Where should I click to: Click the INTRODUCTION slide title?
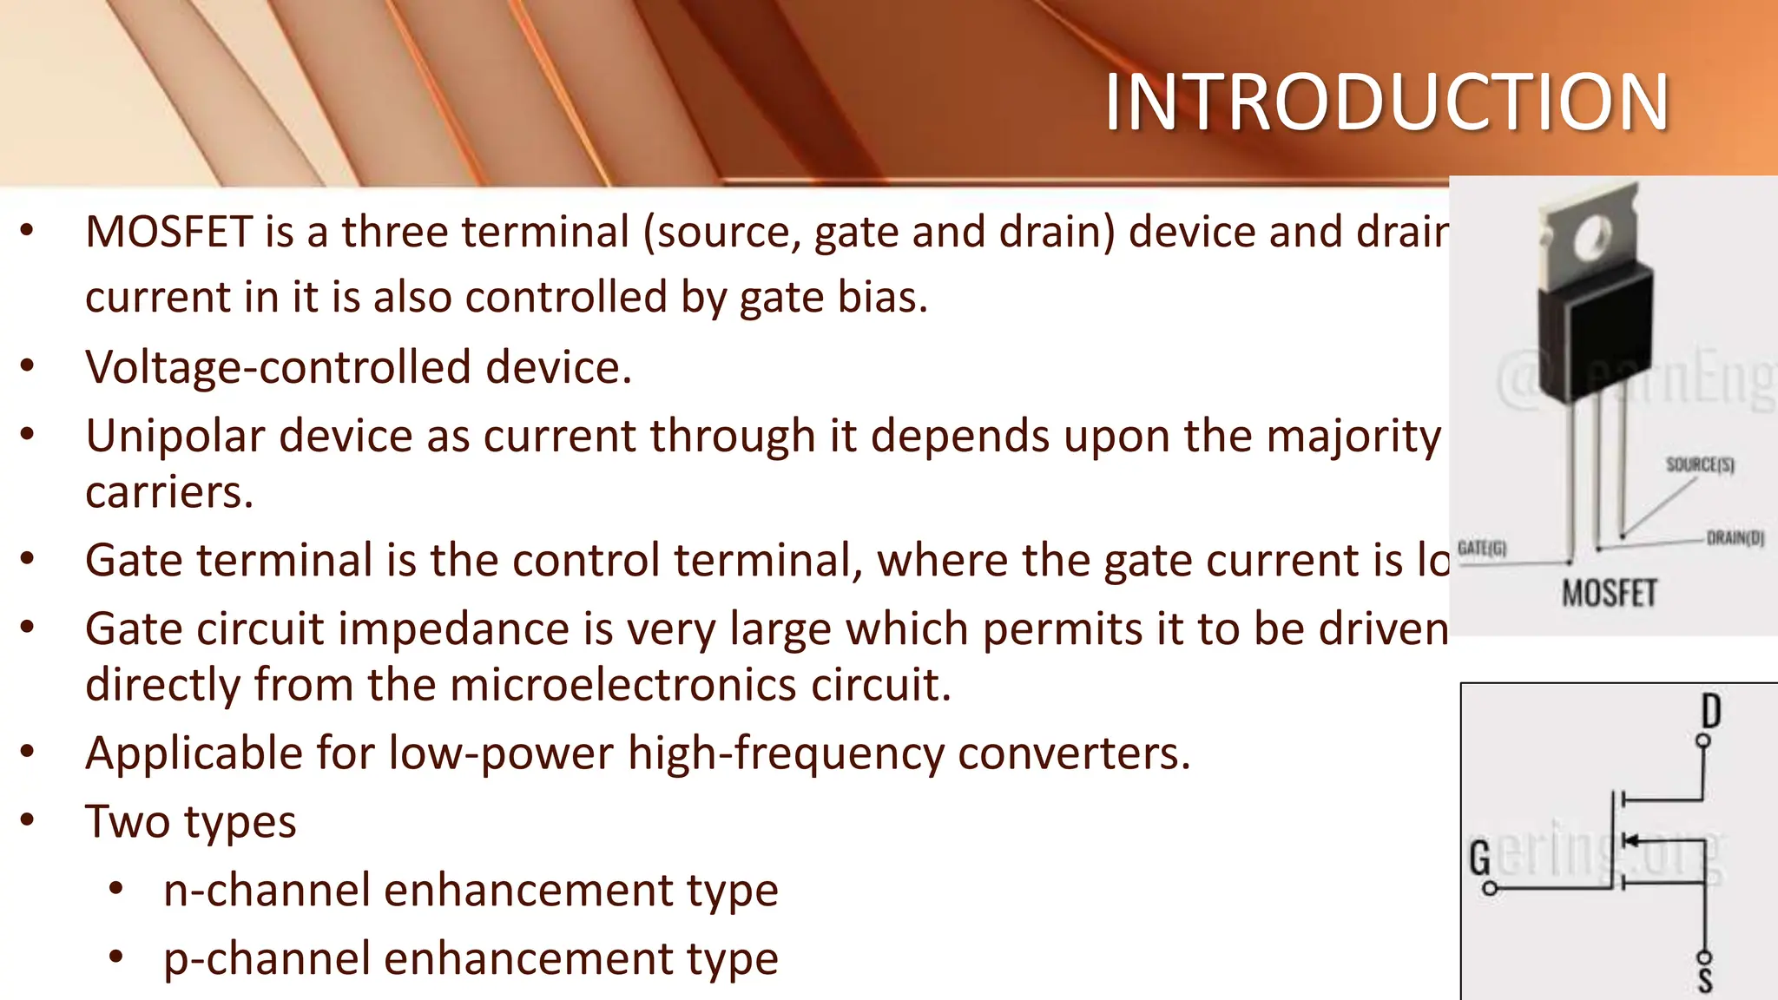click(x=1386, y=102)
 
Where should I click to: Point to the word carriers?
click(x=169, y=493)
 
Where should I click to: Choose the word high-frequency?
click(x=786, y=753)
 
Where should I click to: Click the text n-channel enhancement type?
click(x=471, y=891)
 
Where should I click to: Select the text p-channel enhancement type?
click(x=471, y=959)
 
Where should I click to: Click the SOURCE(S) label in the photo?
click(x=1700, y=465)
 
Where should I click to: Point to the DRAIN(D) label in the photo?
click(x=1735, y=538)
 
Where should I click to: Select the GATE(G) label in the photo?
click(x=1482, y=549)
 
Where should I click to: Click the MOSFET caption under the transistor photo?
click(x=1610, y=594)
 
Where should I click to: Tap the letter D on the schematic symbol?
click(x=1710, y=711)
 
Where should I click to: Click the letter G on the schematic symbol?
click(x=1479, y=858)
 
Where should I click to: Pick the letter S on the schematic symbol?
click(x=1705, y=981)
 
